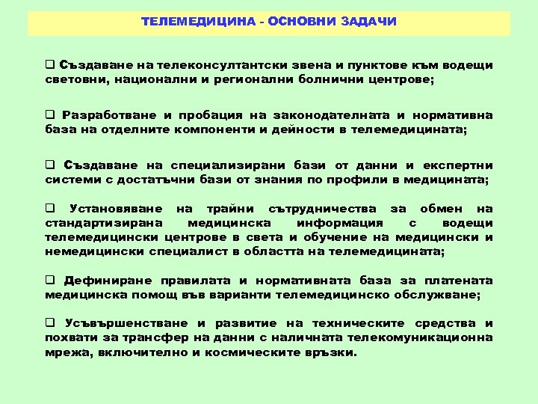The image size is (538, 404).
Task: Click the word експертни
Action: click(459, 165)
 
